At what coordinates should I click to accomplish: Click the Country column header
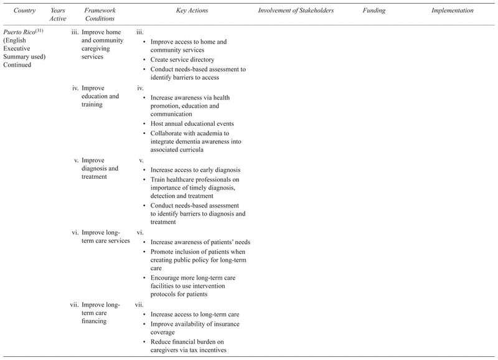tap(24, 11)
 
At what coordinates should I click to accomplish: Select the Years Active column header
tap(58, 16)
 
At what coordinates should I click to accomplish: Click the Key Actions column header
tap(190, 11)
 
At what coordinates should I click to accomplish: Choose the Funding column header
tap(374, 11)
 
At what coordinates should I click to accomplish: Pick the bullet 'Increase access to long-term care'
tap(195, 315)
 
